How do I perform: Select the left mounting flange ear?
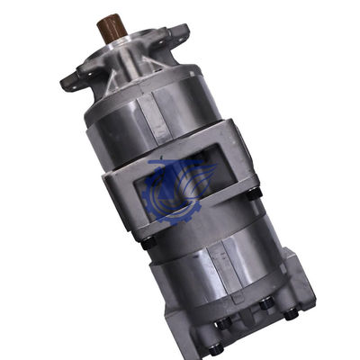(x=72, y=81)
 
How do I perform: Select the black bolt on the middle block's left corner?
(x=148, y=241)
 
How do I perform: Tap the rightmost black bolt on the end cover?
(x=291, y=313)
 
